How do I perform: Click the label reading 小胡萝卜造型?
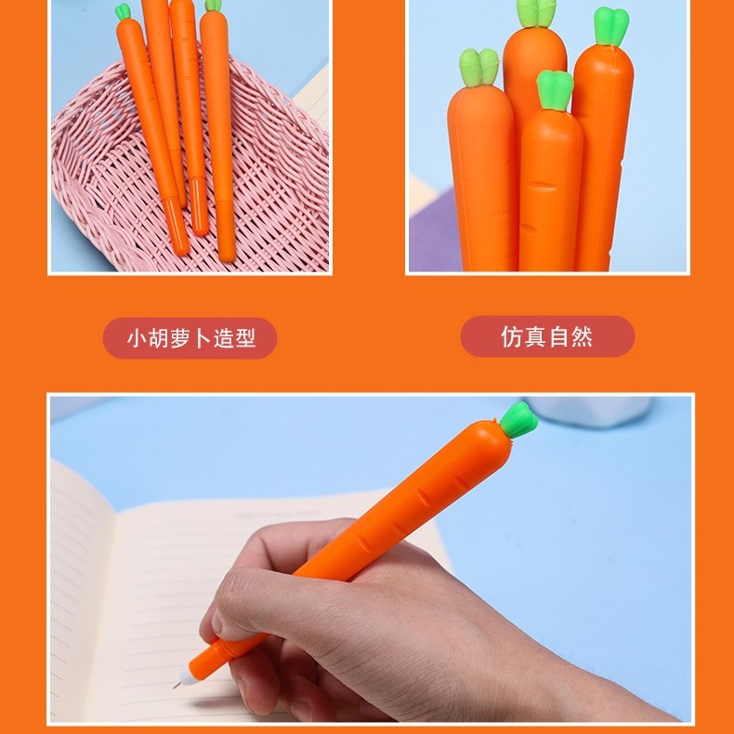click(x=190, y=338)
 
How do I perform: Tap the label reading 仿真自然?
click(x=547, y=336)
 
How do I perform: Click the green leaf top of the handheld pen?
click(x=518, y=422)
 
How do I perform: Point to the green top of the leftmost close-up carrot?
click(x=479, y=69)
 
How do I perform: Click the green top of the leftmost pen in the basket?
click(x=123, y=12)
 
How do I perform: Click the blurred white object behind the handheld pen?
click(x=604, y=411)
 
